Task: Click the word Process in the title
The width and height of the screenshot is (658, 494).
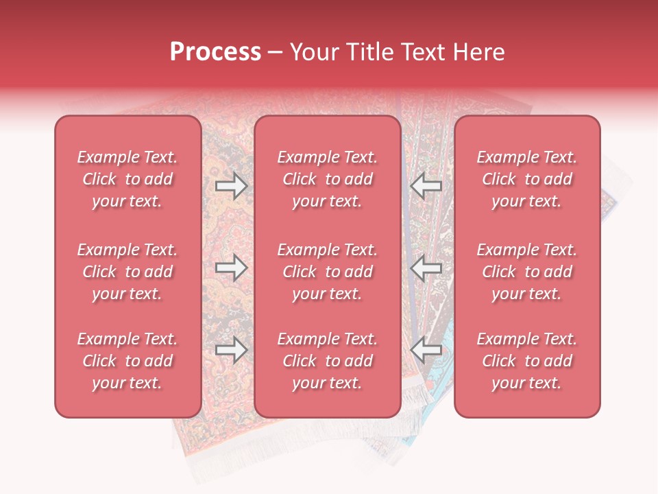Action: (215, 52)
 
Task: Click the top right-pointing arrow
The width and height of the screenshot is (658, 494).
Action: (231, 186)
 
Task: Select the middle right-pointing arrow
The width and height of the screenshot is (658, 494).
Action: (231, 268)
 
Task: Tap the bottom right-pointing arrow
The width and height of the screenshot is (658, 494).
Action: (231, 351)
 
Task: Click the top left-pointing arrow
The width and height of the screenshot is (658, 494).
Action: (426, 186)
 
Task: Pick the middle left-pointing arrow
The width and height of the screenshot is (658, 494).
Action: (426, 268)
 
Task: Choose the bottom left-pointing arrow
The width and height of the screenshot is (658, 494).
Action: (426, 351)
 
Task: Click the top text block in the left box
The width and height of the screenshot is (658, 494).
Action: (127, 179)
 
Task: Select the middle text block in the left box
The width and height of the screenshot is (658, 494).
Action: (127, 272)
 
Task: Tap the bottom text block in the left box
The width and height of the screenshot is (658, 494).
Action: (127, 361)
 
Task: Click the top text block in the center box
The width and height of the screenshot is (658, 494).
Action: (327, 179)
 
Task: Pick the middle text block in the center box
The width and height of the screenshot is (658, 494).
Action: (327, 272)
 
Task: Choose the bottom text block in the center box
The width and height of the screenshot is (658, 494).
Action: (327, 361)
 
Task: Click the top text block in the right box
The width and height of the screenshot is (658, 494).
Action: (526, 179)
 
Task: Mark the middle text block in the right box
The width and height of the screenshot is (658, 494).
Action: (526, 272)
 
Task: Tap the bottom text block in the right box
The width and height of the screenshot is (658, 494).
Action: (526, 361)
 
